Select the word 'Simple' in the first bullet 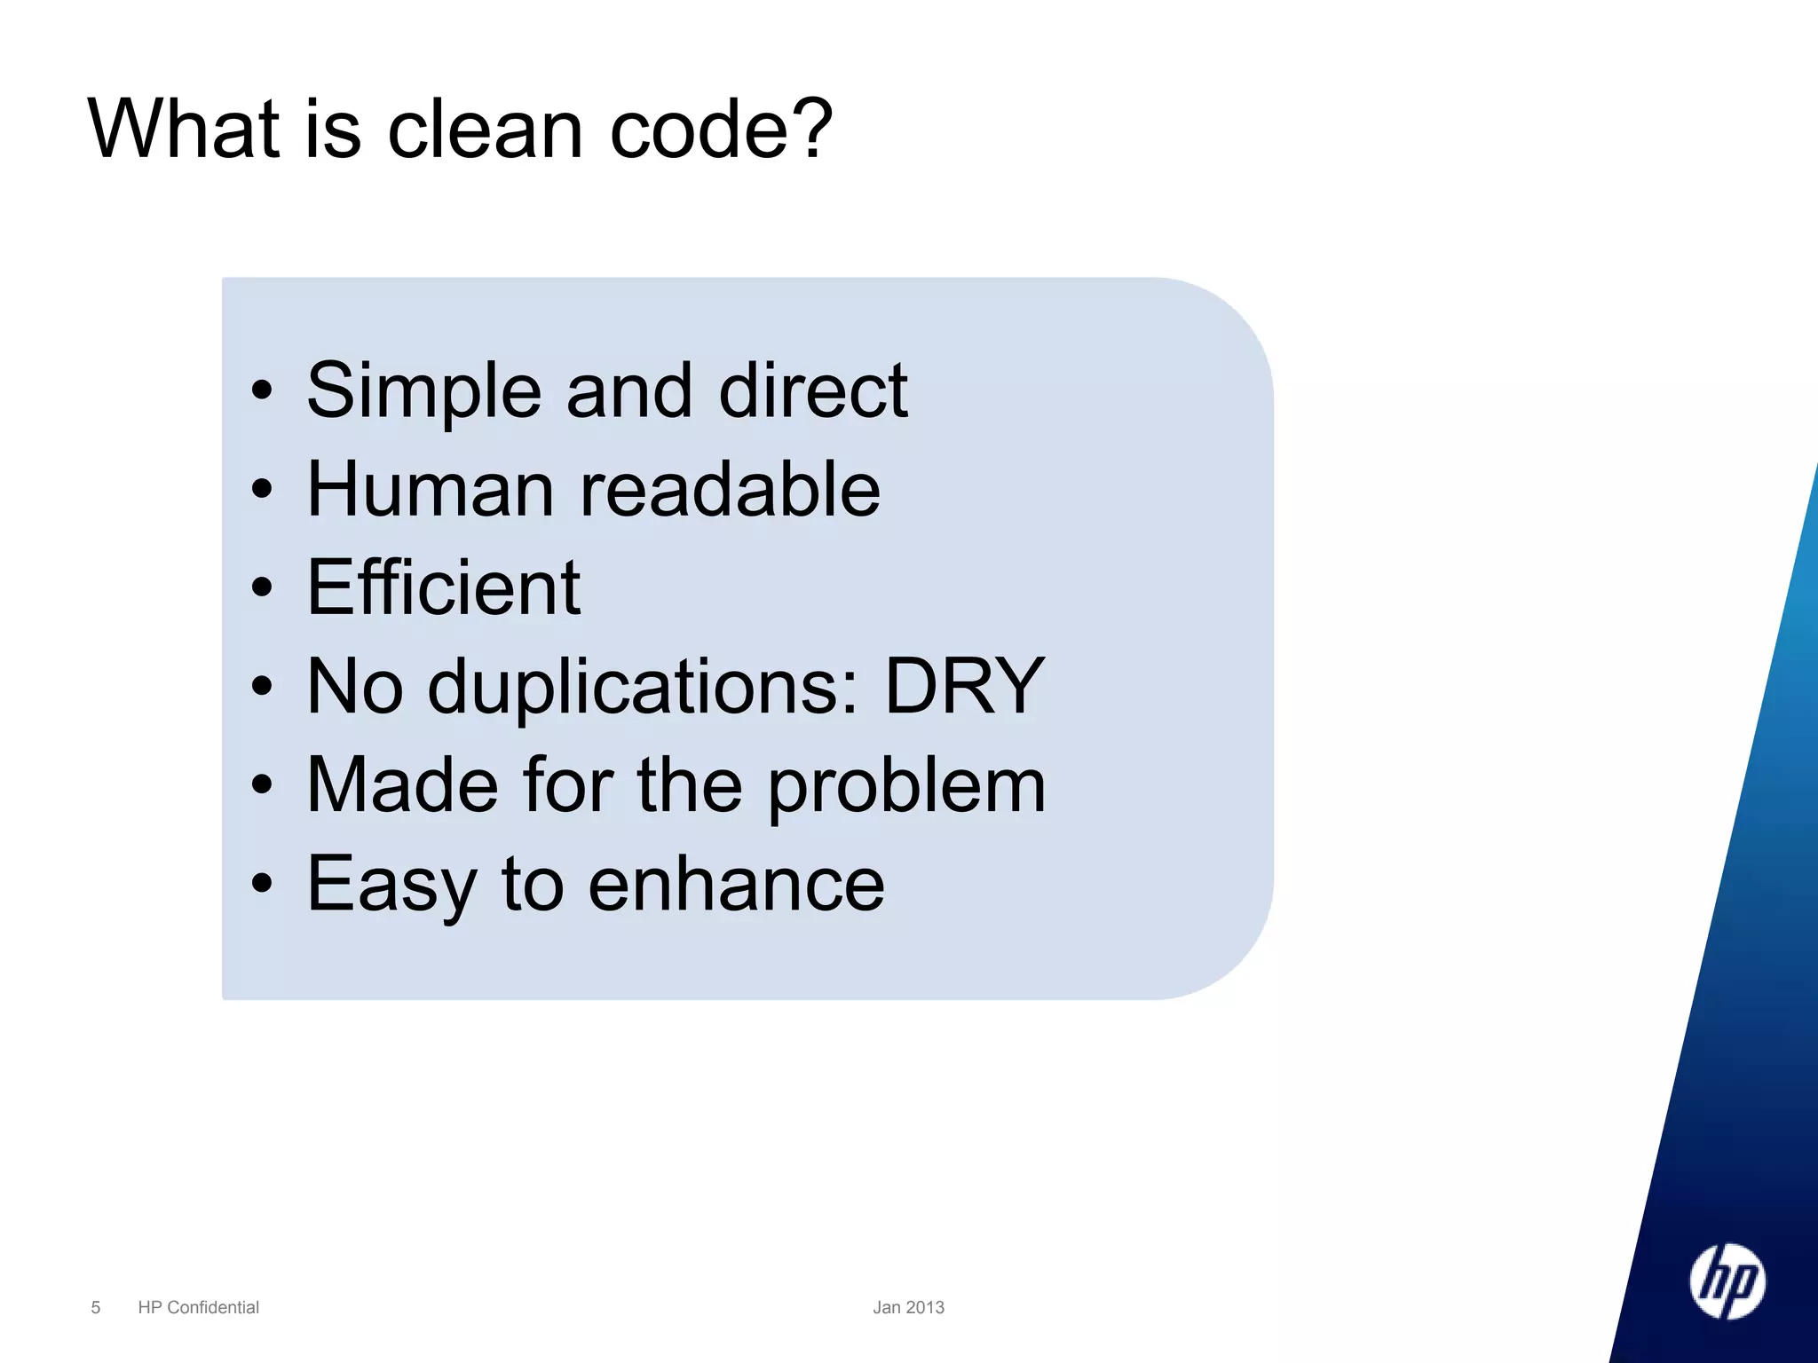pos(424,391)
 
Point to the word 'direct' pos(813,391)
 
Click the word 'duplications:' pos(644,687)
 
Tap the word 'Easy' pos(391,886)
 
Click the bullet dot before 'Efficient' pos(262,587)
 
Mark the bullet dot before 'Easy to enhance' pos(262,883)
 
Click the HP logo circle pos(1727,1281)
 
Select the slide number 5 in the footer pos(96,1307)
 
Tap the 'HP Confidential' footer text pos(199,1307)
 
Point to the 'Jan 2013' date pos(908,1307)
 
